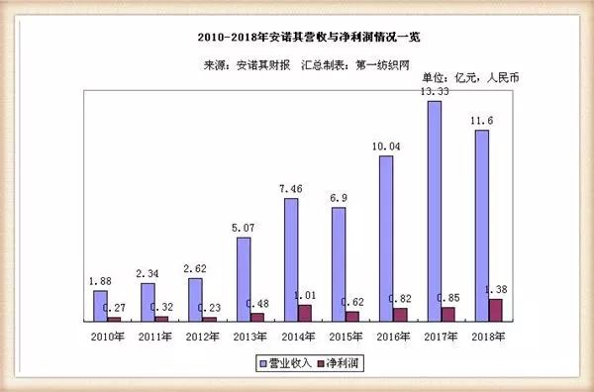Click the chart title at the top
[x=309, y=37]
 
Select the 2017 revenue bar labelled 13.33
[x=435, y=211]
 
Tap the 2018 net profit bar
[x=496, y=310]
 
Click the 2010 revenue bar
[x=100, y=306]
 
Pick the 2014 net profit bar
[x=305, y=313]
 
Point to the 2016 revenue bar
[x=386, y=239]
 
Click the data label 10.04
[x=386, y=147]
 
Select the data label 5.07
[x=244, y=228]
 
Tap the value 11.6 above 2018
[x=482, y=121]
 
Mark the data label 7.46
[x=291, y=189]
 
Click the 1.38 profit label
[x=496, y=290]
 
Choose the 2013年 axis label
[x=250, y=337]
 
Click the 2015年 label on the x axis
[x=346, y=337]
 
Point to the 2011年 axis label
[x=155, y=337]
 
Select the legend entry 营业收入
[x=285, y=364]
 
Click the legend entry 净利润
[x=338, y=364]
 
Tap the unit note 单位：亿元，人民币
[x=470, y=77]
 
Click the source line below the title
[x=307, y=65]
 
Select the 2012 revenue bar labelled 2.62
[x=195, y=300]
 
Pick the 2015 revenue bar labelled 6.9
[x=339, y=264]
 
